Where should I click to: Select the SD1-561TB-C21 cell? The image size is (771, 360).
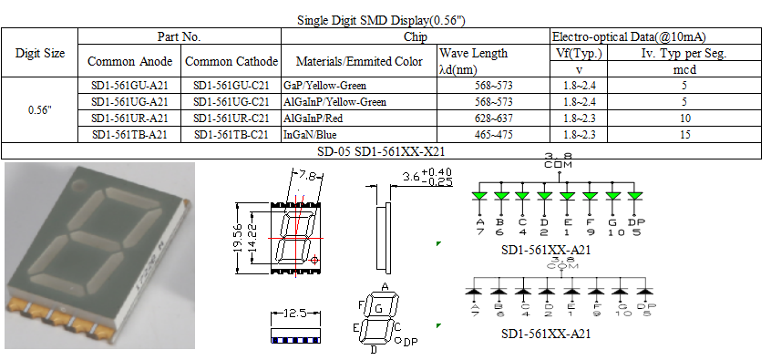pyautogui.click(x=231, y=135)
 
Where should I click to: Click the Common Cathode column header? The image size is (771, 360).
pyautogui.click(x=231, y=62)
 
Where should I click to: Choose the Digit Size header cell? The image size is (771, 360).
pyautogui.click(x=40, y=54)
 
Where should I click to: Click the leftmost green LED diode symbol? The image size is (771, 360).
pyautogui.click(x=479, y=195)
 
